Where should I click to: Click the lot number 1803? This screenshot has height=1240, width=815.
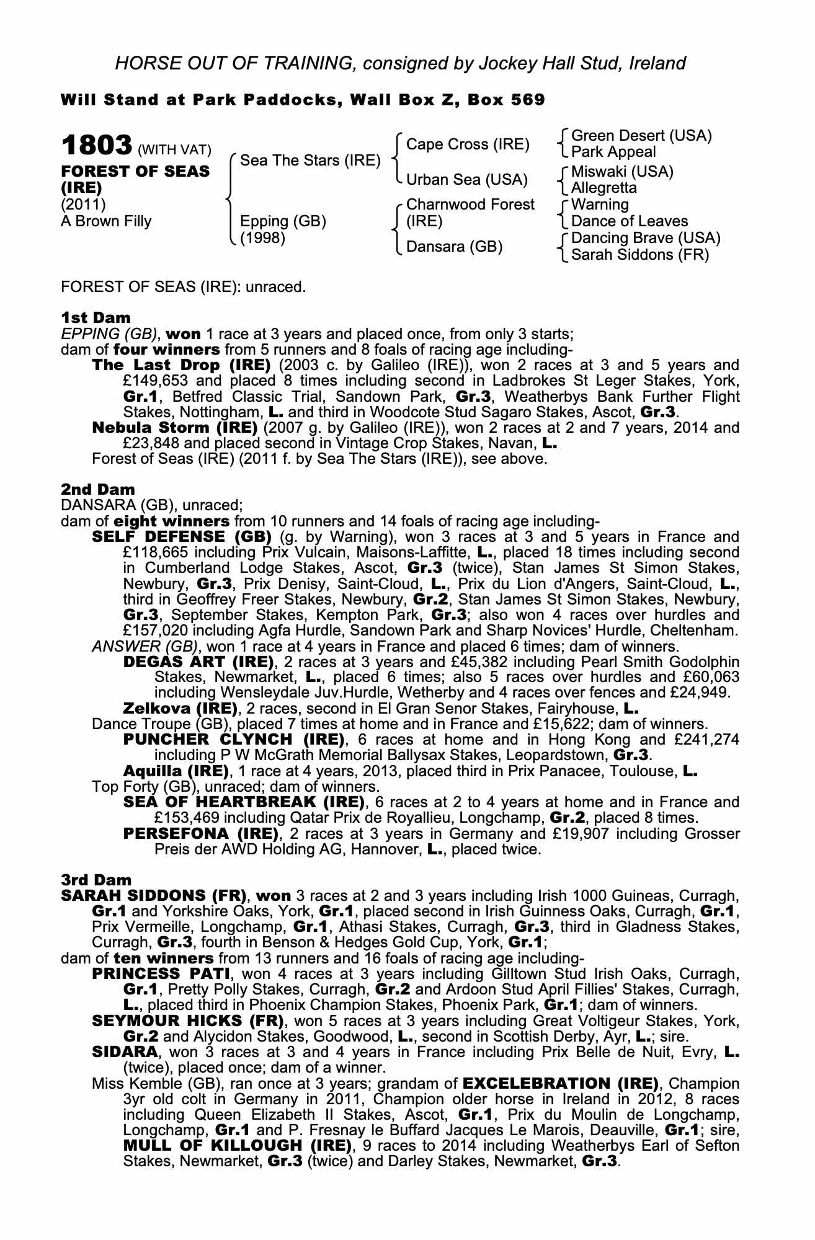click(97, 146)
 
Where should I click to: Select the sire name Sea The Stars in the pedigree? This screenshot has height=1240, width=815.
click(310, 161)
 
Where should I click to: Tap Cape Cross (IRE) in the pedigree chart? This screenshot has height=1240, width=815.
click(468, 144)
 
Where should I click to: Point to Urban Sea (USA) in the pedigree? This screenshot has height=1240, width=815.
click(466, 180)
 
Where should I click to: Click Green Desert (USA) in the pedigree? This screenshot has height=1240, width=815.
click(641, 136)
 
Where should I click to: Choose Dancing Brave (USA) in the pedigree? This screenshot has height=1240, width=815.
click(645, 238)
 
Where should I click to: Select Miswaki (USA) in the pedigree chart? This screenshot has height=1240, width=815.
click(621, 171)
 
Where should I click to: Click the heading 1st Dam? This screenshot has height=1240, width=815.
click(96, 318)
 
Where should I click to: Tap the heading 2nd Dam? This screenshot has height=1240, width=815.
click(97, 490)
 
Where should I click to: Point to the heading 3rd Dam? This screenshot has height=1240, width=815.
click(96, 880)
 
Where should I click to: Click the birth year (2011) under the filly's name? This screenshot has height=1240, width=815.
click(83, 205)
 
